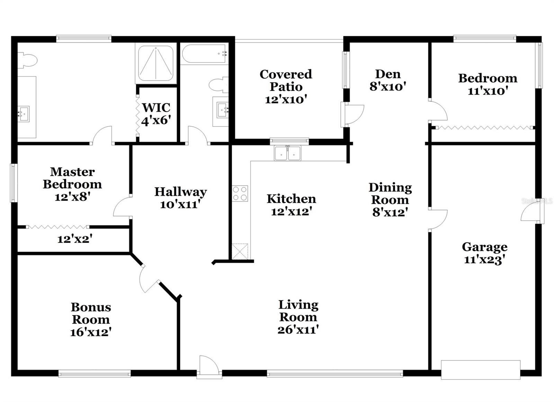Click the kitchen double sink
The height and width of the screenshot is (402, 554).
pos(288,153)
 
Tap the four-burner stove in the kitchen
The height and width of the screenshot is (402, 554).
pos(240,194)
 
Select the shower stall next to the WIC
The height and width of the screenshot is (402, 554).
pos(156,63)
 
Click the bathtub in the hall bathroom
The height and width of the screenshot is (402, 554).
pos(205,54)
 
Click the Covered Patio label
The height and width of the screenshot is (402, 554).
pos(286,80)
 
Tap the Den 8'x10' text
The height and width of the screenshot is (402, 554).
pos(388,86)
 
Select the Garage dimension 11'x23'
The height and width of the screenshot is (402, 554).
pos(484,260)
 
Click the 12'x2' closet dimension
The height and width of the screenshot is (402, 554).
pos(74,239)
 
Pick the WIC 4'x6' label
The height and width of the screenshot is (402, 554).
pos(156,114)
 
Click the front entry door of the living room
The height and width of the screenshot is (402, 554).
pos(209,367)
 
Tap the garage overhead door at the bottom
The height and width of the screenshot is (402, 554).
pos(481,370)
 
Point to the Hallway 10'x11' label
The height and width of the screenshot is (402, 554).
pos(180,198)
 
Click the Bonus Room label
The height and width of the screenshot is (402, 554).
pos(91,313)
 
